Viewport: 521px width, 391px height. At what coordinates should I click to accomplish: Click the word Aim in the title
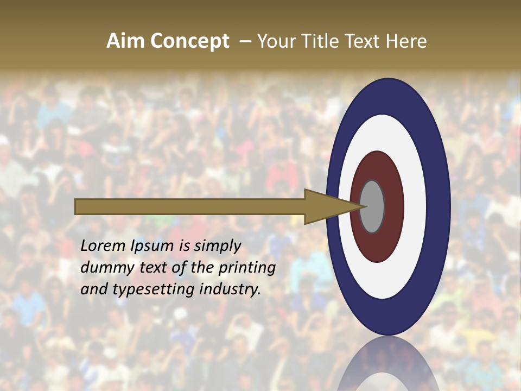[126, 41]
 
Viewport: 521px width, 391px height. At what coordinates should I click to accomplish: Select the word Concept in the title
[189, 41]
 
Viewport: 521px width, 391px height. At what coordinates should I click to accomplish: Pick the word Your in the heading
[276, 41]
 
